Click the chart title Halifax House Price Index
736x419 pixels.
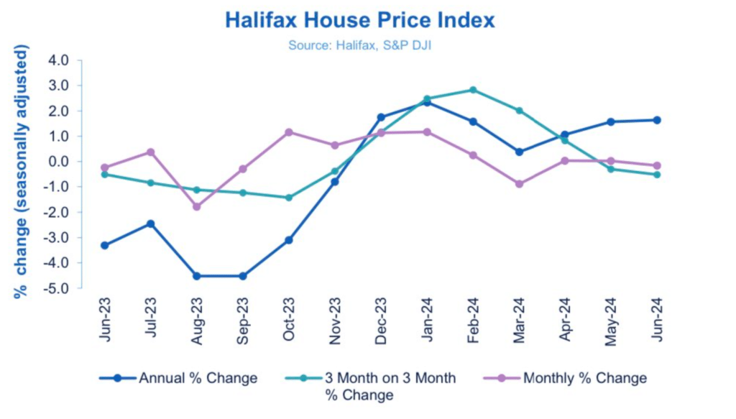pos(359,19)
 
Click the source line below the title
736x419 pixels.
pos(359,45)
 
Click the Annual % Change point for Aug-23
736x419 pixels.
pos(196,276)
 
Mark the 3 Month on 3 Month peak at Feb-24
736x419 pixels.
pos(473,90)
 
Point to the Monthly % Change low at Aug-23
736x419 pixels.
pos(196,206)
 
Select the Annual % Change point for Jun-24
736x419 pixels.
pos(657,120)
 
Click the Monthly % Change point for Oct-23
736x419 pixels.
pos(288,132)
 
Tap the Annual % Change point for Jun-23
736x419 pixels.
pos(104,245)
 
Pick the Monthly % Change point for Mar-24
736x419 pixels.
pos(519,184)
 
